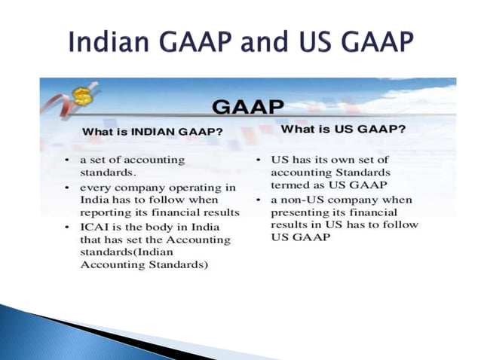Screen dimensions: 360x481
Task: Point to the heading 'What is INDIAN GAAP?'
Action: (x=152, y=131)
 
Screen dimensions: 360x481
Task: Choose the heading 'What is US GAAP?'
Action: (x=343, y=129)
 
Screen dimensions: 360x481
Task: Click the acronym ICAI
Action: (x=97, y=227)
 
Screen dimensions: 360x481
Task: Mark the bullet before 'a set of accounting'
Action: (x=67, y=160)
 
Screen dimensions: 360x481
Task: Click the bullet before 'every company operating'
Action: (x=67, y=187)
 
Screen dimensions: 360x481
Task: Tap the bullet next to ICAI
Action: (x=67, y=227)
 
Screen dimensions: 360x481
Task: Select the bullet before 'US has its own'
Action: (x=258, y=160)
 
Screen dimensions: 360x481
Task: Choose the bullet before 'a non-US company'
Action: (x=258, y=200)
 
